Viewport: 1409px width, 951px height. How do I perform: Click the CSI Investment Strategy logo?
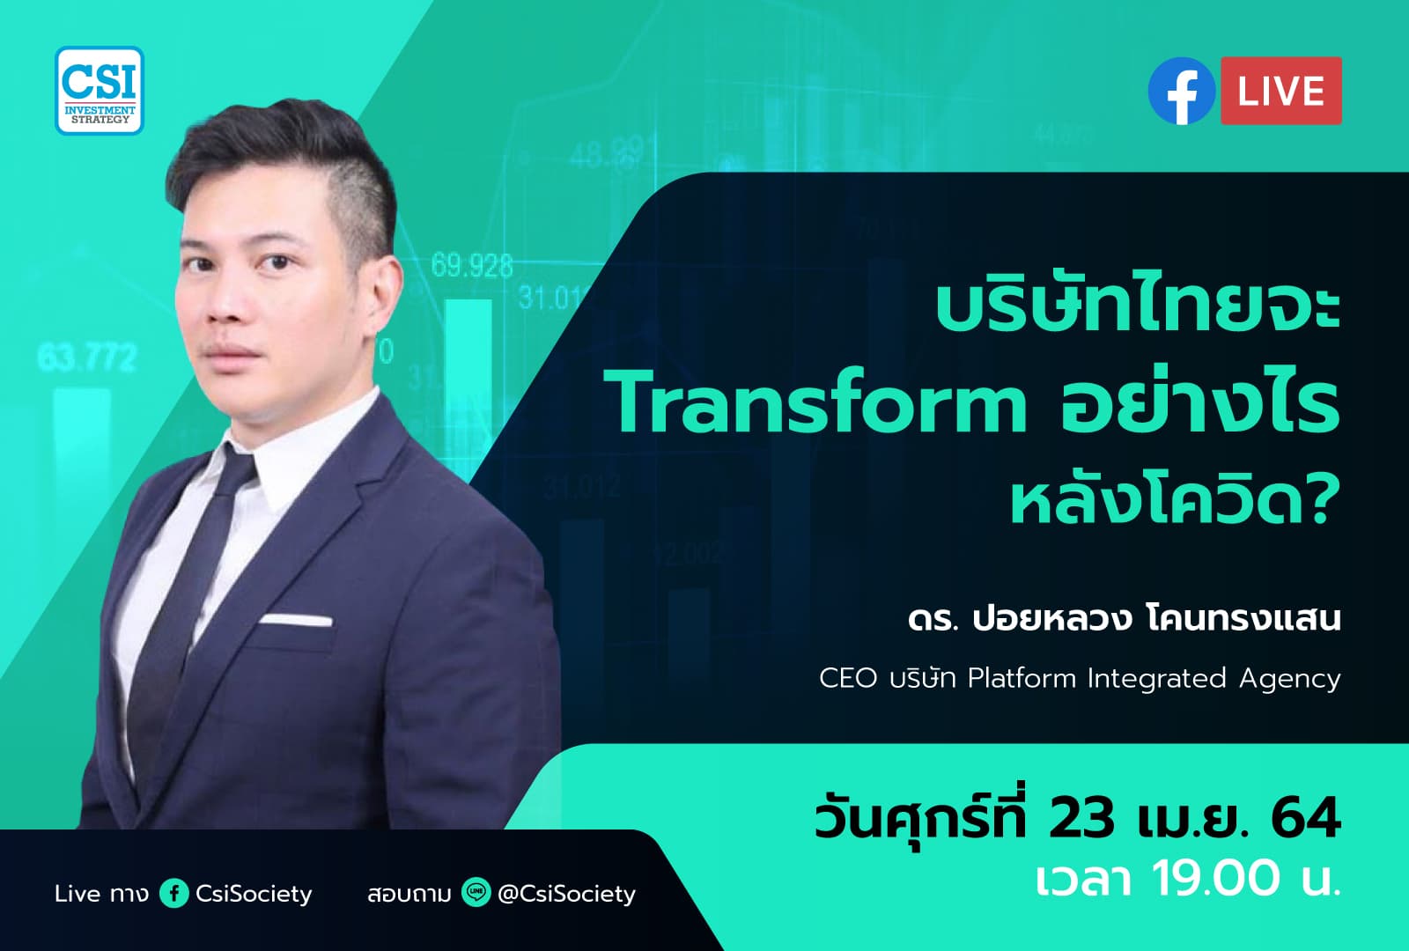pyautogui.click(x=100, y=91)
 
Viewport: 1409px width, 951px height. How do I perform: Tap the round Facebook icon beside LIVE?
pyautogui.click(x=1181, y=91)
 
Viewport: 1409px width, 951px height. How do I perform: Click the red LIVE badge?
pyautogui.click(x=1280, y=91)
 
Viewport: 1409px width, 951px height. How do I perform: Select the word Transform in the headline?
pyautogui.click(x=819, y=405)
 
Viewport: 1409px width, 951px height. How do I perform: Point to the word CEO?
pyautogui.click(x=848, y=679)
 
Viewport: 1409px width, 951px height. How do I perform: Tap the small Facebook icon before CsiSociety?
pyautogui.click(x=174, y=894)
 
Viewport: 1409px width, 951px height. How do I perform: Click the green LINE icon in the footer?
pyautogui.click(x=476, y=894)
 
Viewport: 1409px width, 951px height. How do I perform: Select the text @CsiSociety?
pyautogui.click(x=566, y=894)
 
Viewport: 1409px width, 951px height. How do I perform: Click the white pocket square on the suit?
pyautogui.click(x=296, y=618)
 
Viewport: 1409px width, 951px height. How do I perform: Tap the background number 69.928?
pyautogui.click(x=472, y=265)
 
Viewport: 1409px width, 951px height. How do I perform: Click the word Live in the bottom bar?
pyautogui.click(x=77, y=894)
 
